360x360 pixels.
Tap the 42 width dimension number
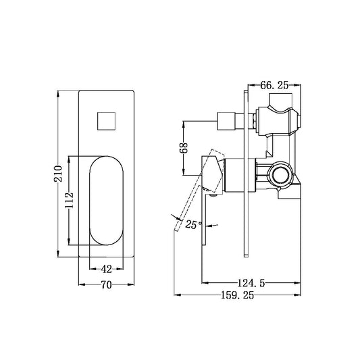click(107, 268)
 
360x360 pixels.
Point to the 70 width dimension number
click(106, 286)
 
